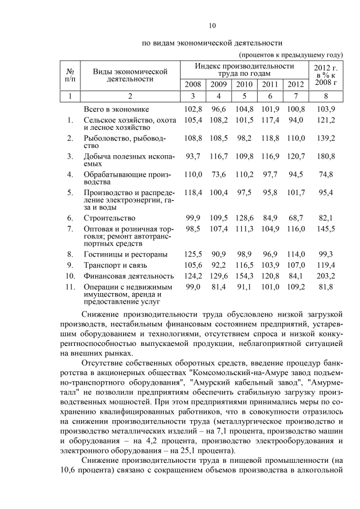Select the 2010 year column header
[244, 84]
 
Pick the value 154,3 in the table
[244, 276]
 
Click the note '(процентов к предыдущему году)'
[291, 55]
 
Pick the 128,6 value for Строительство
[244, 217]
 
